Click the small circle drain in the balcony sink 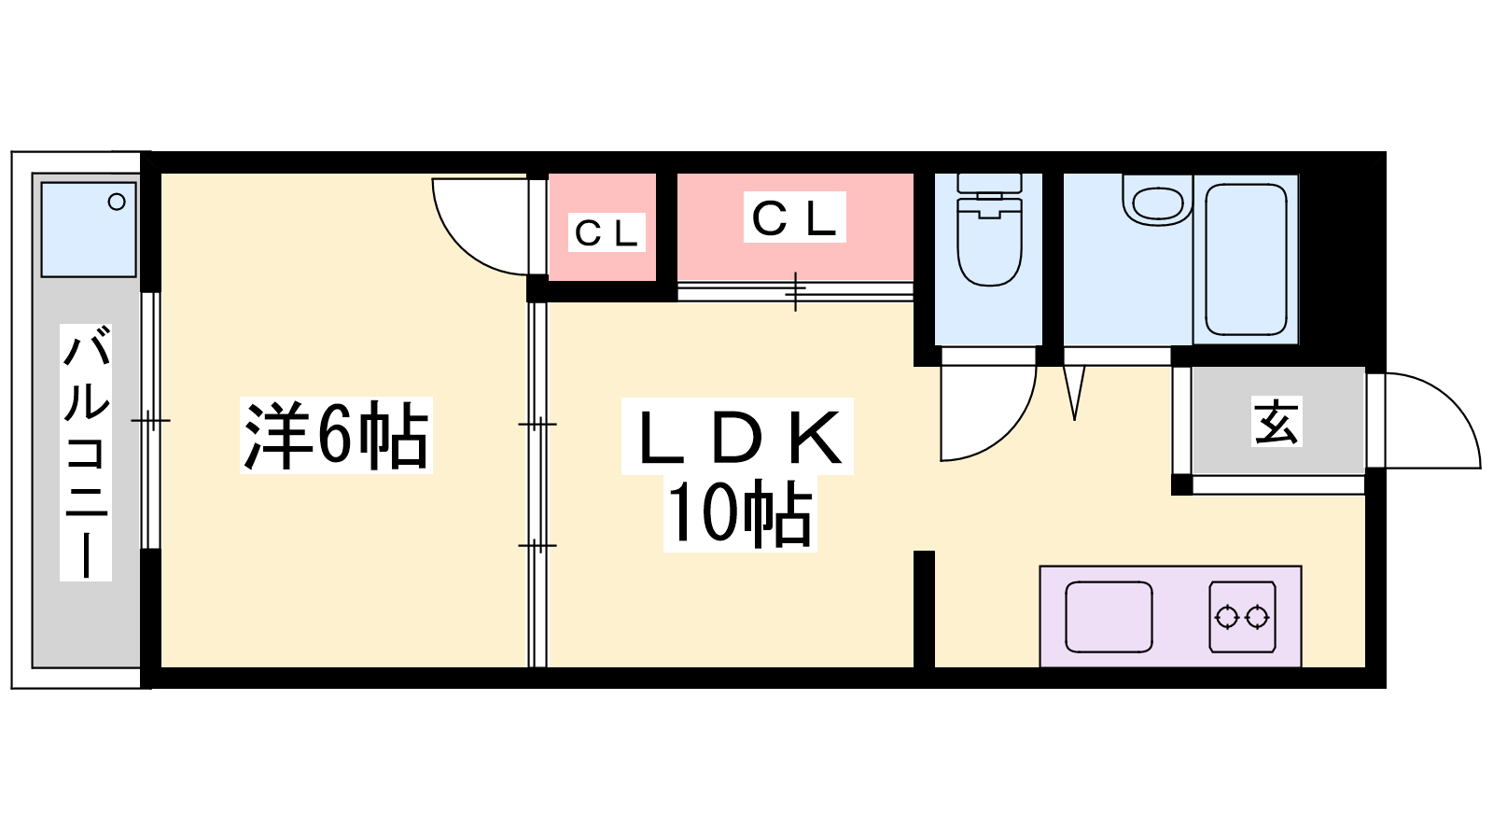tap(117, 202)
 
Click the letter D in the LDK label tap(737, 438)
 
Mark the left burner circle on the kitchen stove tap(1226, 617)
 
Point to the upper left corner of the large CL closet tap(677, 174)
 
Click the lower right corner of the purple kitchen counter tap(1301, 666)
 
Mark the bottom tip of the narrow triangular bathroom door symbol tap(1074, 420)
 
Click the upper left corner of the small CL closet tap(549, 174)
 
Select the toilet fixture tap(989, 230)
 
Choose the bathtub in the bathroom tap(1246, 259)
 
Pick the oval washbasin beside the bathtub tap(1158, 201)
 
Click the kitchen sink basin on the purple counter tap(1109, 617)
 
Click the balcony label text tap(86, 453)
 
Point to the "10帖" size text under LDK tap(740, 513)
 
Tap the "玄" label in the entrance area tap(1277, 421)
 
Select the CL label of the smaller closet tap(607, 232)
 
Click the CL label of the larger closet tap(794, 217)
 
